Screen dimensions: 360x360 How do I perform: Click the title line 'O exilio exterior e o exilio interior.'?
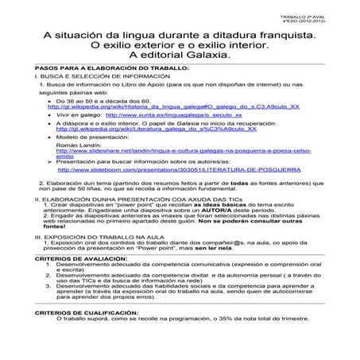180,45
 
